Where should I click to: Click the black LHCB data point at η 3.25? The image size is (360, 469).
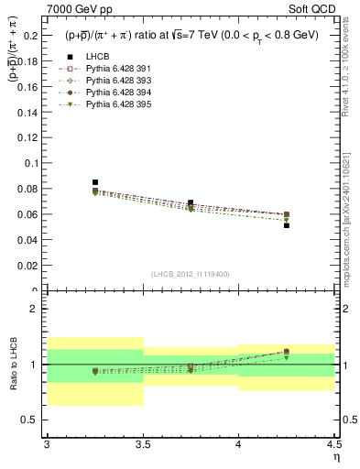click(95, 182)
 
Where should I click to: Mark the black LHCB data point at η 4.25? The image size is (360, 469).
click(287, 225)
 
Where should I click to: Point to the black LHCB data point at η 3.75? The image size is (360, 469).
click(191, 202)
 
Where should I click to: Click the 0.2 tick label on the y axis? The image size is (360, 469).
click(31, 35)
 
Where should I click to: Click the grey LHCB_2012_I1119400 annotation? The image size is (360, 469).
click(191, 274)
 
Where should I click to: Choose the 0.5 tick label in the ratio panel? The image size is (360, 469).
click(31, 420)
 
